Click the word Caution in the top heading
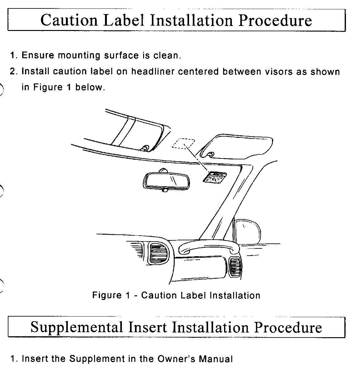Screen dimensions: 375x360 69,20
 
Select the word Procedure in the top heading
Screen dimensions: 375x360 275,20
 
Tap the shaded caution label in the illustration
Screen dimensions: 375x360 214,177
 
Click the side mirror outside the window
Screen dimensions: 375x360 249,231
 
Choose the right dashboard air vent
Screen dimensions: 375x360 235,267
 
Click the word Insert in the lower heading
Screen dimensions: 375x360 148,327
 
